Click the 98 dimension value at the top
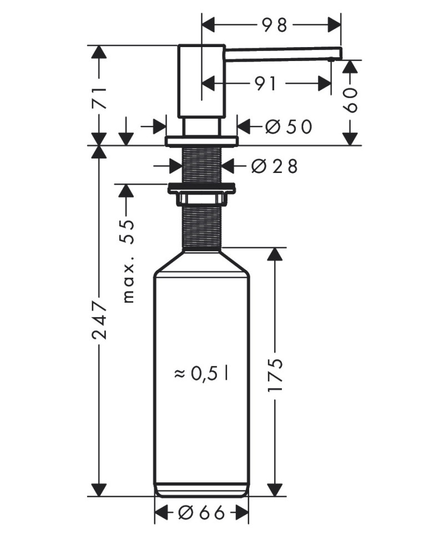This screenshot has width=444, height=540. point(274,25)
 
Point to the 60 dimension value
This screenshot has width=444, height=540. point(351,100)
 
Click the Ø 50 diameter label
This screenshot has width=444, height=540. point(289,127)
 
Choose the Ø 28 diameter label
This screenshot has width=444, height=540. point(274,166)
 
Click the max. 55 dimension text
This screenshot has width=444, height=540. point(128,261)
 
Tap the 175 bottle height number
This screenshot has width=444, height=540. point(275,375)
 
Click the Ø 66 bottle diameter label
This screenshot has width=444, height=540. point(201,513)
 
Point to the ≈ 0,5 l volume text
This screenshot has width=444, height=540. point(201,373)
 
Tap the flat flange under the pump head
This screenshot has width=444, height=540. point(201,141)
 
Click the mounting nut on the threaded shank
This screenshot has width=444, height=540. point(201,194)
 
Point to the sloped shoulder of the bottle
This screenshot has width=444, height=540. point(201,262)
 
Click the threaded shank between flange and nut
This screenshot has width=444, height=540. point(201,165)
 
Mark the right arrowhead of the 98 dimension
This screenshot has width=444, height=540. point(334,25)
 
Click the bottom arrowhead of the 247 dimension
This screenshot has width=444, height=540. point(100,490)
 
